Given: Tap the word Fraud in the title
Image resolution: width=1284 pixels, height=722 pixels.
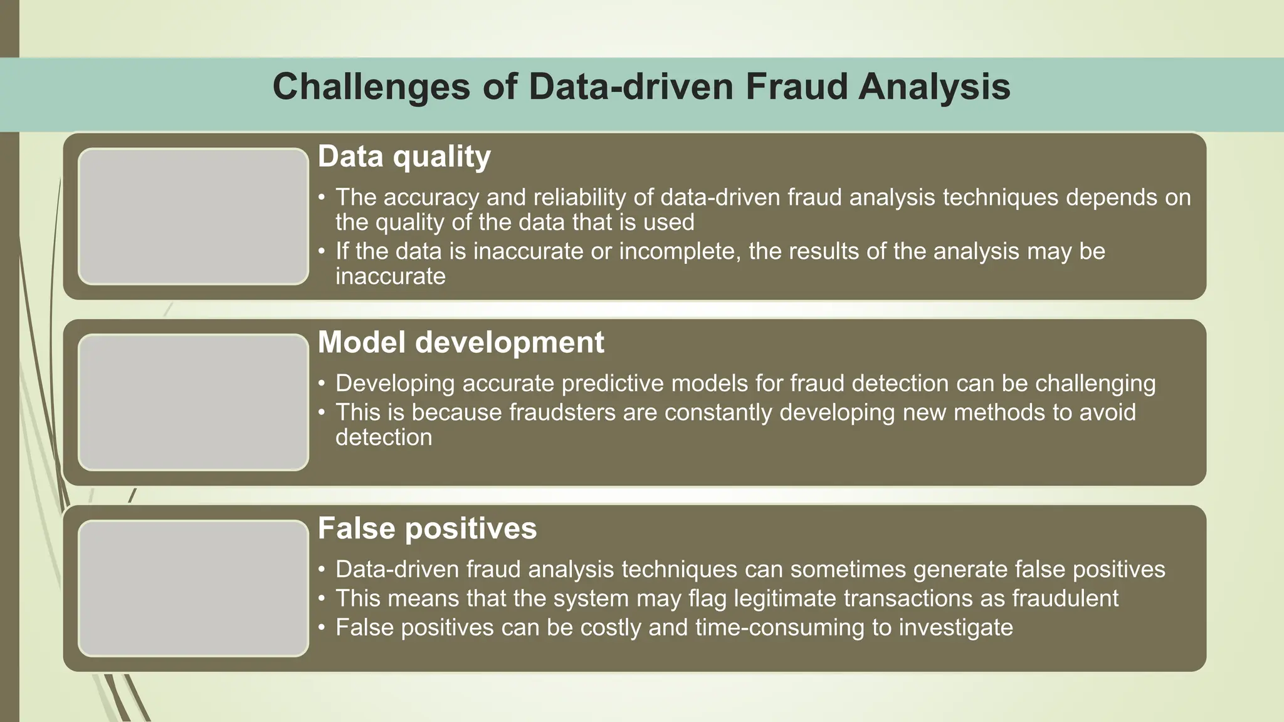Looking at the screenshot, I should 795,86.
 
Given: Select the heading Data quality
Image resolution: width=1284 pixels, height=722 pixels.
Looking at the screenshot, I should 404,157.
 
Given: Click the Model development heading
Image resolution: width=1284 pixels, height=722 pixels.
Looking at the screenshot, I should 460,343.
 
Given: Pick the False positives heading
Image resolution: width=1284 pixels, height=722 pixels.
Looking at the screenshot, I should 427,528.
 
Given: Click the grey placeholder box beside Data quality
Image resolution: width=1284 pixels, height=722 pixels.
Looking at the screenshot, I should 193,216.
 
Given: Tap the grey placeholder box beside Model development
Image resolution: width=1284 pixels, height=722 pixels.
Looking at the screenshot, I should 193,402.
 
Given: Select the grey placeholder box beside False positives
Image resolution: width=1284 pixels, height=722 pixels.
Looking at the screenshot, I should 193,588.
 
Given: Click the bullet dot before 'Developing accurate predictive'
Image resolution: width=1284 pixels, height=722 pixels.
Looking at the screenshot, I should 322,384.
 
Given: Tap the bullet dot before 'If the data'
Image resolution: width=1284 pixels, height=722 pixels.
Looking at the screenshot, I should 322,252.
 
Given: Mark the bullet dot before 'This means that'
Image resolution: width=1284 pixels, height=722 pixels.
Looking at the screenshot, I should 322,599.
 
